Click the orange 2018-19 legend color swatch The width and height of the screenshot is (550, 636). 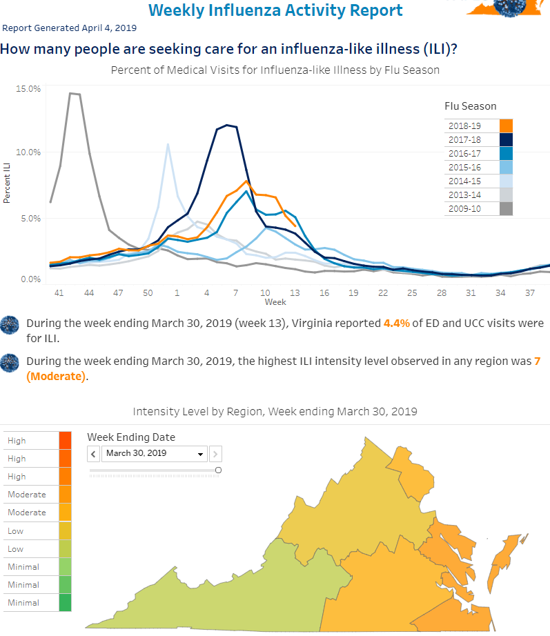506,126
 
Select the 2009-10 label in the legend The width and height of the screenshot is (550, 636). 464,209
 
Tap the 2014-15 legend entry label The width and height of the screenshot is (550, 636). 464,181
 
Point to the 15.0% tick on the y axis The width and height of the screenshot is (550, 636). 28,89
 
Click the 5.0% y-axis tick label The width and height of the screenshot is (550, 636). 31,219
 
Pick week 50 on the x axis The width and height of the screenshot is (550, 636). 148,293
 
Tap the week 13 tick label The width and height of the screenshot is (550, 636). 295,293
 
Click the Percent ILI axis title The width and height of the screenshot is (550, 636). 6,183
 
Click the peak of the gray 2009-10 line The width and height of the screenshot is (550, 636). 70,93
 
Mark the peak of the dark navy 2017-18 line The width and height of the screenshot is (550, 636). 227,125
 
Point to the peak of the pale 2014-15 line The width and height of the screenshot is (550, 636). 168,144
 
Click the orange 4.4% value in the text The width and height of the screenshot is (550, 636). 397,324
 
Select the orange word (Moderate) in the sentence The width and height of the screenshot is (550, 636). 57,377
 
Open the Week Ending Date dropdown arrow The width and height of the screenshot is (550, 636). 200,454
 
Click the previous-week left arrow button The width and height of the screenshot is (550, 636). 93,454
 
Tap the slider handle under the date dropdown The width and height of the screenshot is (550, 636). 218,470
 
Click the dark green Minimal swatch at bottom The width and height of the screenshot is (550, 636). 65,602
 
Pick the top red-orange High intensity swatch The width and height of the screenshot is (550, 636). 65,441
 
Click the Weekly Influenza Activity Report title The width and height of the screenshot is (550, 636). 275,10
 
